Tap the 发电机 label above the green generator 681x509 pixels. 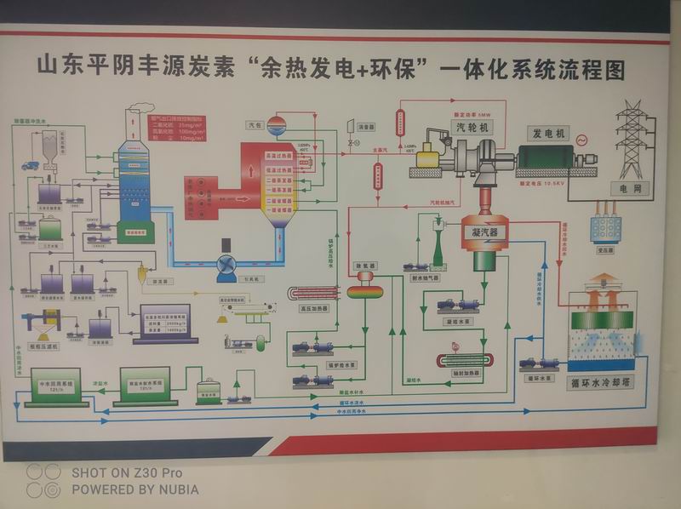coord(548,134)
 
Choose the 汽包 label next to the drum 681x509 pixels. coord(253,125)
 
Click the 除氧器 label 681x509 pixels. coord(365,266)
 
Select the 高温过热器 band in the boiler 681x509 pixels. coord(278,157)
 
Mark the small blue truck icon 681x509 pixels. coord(31,164)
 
